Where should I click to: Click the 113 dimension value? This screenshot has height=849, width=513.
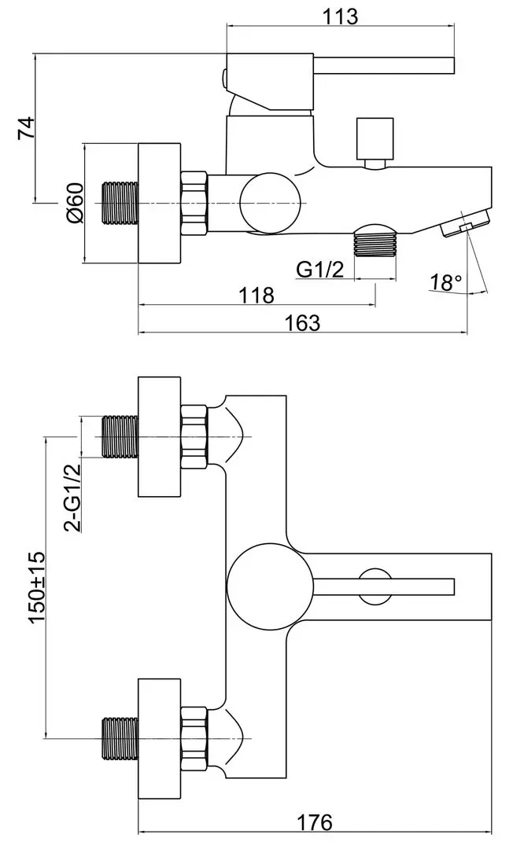point(340,17)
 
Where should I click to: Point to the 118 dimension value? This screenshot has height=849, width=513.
point(256,295)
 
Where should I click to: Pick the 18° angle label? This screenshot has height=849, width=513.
point(446,282)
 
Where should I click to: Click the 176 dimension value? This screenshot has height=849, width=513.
point(314,822)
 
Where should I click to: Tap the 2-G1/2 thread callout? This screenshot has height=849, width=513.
point(72,498)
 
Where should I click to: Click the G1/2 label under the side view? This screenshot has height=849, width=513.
point(320,269)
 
